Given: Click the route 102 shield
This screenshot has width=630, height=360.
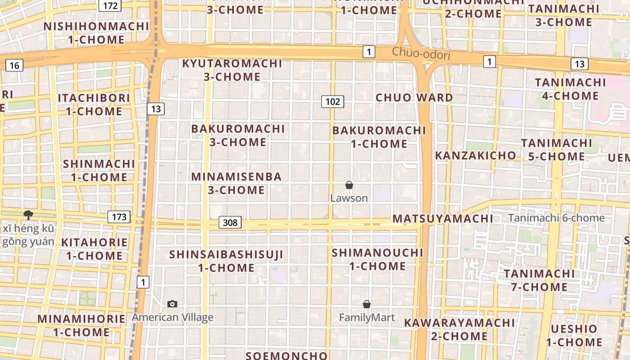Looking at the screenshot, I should coord(333,102).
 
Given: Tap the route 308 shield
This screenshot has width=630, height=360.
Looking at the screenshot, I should coord(230,222).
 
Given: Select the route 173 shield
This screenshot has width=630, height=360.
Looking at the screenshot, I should coord(119,217).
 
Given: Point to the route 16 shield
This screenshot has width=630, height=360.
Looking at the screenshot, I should coord(14,66).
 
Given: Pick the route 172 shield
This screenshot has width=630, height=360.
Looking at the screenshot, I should coord(110,6).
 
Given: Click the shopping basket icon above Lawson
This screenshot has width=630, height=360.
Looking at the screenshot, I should coord(349,185).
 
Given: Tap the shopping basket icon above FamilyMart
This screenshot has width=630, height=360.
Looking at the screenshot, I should coord(367,305).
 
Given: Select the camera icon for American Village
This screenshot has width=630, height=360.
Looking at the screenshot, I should coord(172,304).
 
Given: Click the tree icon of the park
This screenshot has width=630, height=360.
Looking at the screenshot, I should coord(28,215).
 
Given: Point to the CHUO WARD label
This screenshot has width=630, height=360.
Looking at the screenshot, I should coord(414,98).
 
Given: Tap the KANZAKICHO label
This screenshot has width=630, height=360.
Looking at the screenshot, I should coord(475,156).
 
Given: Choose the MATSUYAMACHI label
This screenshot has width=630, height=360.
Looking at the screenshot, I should coord(443,219).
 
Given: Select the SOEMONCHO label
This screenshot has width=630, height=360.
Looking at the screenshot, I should coord(286,355).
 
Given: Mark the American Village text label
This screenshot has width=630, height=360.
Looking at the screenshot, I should coord(172,318).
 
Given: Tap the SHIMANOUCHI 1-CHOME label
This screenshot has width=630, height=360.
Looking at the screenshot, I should coord(378,259).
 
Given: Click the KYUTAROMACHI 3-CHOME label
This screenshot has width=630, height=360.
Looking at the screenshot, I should coord(232,70).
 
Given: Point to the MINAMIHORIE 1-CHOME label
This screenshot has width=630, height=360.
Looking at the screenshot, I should coord(81,326).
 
